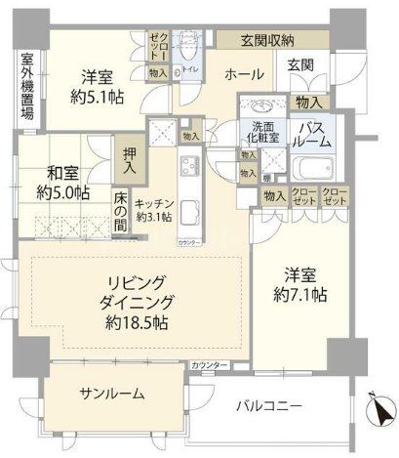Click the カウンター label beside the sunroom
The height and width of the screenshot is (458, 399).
click(210, 365)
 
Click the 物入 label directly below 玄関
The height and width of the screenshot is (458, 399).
click(311, 101)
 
